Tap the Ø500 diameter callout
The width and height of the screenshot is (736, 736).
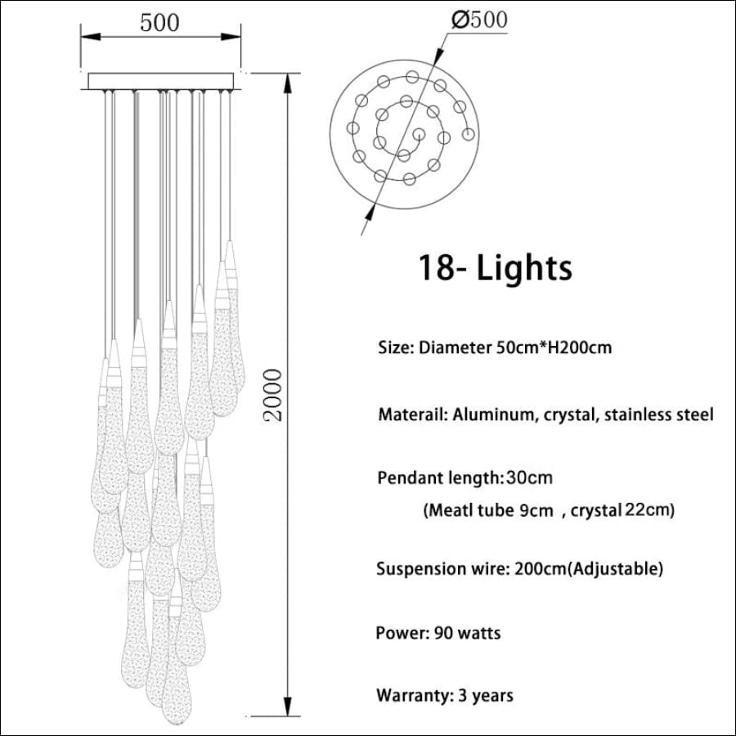479,20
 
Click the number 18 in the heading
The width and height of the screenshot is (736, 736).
435,267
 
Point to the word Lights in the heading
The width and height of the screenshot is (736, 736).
524,267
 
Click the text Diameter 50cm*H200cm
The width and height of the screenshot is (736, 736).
515,348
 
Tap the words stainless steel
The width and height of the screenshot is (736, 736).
658,415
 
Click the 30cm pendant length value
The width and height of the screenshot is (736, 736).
529,478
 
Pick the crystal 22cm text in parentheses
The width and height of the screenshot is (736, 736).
622,509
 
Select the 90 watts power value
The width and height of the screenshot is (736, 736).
468,633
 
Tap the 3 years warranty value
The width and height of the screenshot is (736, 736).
485,696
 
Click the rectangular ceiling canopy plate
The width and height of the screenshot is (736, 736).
161,81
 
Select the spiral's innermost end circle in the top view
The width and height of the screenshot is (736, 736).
418,134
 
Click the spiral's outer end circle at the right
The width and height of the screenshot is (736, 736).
468,135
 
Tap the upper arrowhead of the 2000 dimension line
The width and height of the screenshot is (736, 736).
287,83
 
